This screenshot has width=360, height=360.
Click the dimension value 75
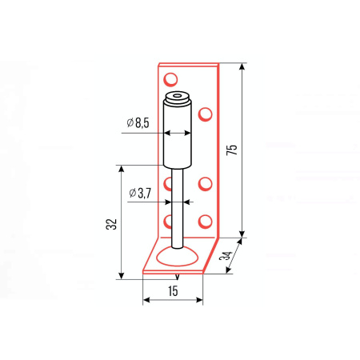click(x=231, y=150)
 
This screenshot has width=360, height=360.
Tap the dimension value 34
click(x=226, y=255)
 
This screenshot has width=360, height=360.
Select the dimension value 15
click(x=173, y=291)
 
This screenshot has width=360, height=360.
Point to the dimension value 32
click(x=111, y=224)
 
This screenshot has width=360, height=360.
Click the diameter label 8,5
click(x=142, y=123)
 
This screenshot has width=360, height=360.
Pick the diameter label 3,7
click(x=144, y=193)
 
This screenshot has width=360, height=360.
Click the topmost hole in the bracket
click(x=170, y=79)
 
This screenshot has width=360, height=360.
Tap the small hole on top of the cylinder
click(x=177, y=95)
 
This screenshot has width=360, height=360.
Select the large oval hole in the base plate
click(x=177, y=257)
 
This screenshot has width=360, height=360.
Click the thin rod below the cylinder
click(x=178, y=209)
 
